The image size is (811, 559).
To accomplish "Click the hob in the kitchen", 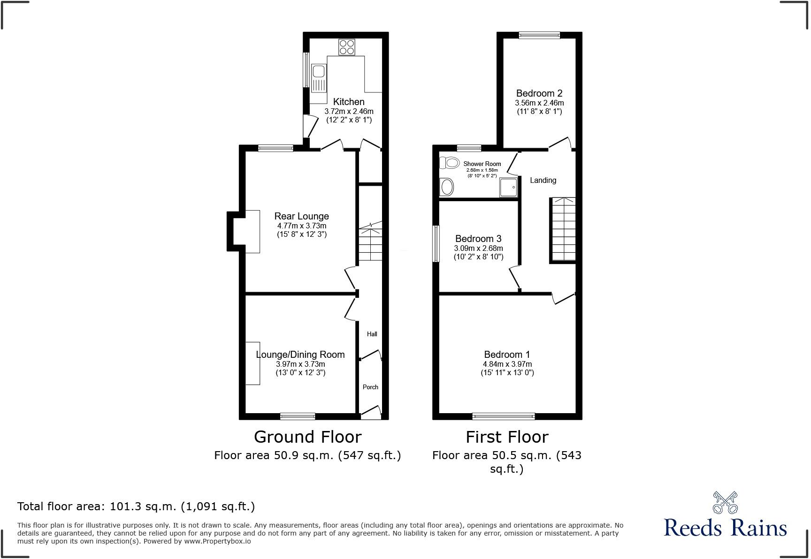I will [347, 47].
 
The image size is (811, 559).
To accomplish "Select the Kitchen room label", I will [349, 102].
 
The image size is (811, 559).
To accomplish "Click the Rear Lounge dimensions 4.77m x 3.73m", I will [302, 226].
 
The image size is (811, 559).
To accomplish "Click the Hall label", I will [372, 334].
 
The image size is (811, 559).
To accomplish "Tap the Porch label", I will [370, 387].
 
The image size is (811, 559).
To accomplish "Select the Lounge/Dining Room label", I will [300, 355].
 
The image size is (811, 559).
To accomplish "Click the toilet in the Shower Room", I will [449, 163].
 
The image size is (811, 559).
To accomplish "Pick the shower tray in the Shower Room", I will [508, 187].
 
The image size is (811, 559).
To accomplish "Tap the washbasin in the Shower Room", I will [446, 187].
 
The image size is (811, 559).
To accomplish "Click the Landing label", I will [543, 180].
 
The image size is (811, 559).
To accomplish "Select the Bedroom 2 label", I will [539, 93].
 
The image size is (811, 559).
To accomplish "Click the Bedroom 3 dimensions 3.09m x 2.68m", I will [478, 248].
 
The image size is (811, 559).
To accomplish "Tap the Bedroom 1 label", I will [507, 355].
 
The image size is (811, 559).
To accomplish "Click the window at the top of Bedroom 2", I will [539, 35].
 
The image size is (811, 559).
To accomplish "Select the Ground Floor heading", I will [307, 437].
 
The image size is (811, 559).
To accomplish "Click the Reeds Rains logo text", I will [725, 528].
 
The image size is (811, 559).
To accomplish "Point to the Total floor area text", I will [136, 506].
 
